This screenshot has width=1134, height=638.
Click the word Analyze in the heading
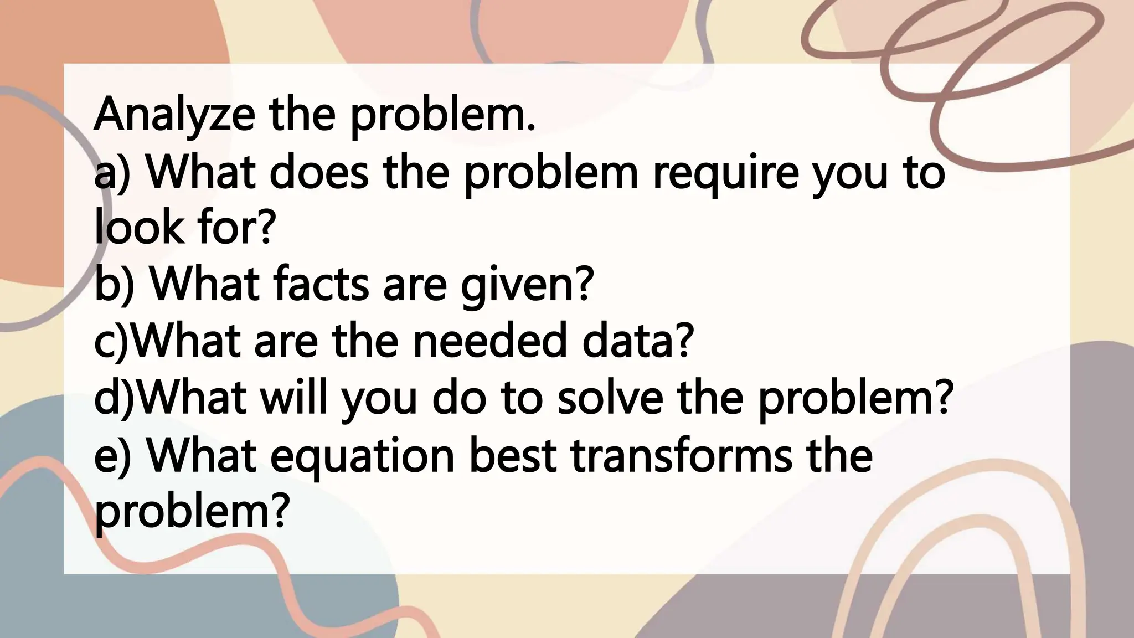point(174,115)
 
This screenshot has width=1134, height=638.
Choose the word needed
point(489,341)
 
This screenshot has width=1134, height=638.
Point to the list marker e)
point(113,456)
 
